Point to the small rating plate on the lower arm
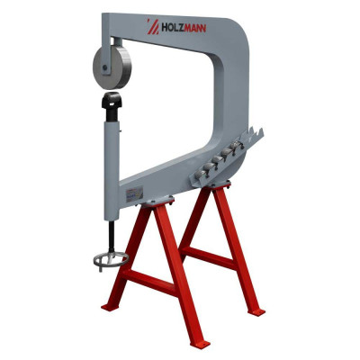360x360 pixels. (136, 193)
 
